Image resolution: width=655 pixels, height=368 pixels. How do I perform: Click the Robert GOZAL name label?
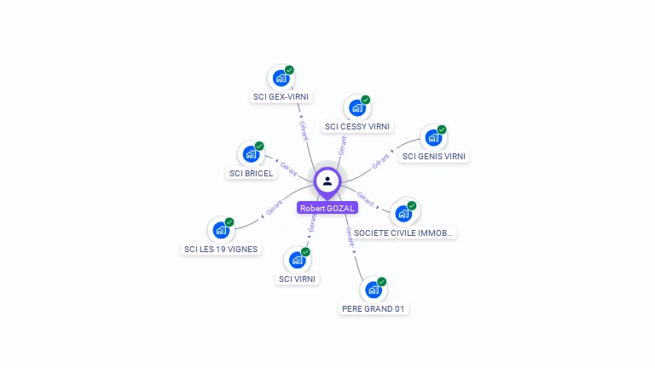pyautogui.click(x=327, y=208)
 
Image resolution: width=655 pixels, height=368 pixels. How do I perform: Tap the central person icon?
pyautogui.click(x=327, y=181)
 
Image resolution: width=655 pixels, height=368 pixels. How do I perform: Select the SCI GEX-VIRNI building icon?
pyautogui.click(x=281, y=78)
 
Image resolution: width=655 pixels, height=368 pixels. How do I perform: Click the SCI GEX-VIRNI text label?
pyautogui.click(x=281, y=97)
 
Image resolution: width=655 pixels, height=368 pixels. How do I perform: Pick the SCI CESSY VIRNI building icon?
pyautogui.click(x=356, y=108)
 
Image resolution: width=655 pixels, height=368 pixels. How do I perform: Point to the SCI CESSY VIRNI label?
pyautogui.click(x=357, y=127)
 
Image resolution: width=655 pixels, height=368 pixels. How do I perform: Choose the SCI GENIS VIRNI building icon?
pyautogui.click(x=433, y=137)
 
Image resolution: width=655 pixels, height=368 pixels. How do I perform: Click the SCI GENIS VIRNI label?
pyautogui.click(x=434, y=157)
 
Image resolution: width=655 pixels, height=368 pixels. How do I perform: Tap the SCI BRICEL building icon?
pyautogui.click(x=251, y=154)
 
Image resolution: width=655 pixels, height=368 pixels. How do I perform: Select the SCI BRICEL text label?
pyautogui.click(x=252, y=174)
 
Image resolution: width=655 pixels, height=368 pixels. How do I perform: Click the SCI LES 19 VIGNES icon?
pyautogui.click(x=221, y=230)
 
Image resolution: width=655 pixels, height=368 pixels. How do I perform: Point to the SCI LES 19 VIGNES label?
pyautogui.click(x=221, y=250)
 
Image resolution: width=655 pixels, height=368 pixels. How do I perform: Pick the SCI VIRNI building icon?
pyautogui.click(x=297, y=260)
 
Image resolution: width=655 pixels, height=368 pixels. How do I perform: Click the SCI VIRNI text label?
pyautogui.click(x=298, y=279)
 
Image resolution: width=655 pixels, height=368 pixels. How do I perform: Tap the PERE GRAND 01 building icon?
pyautogui.click(x=373, y=290)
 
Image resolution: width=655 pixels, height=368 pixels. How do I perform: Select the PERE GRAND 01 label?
pyautogui.click(x=373, y=309)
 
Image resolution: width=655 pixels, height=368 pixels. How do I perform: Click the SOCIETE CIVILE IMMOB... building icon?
pyautogui.click(x=403, y=213)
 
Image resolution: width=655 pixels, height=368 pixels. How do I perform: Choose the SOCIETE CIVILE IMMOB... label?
pyautogui.click(x=404, y=233)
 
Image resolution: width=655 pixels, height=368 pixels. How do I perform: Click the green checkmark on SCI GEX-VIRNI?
pyautogui.click(x=289, y=70)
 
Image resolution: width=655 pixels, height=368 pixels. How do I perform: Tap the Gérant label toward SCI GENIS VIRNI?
pyautogui.click(x=380, y=159)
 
